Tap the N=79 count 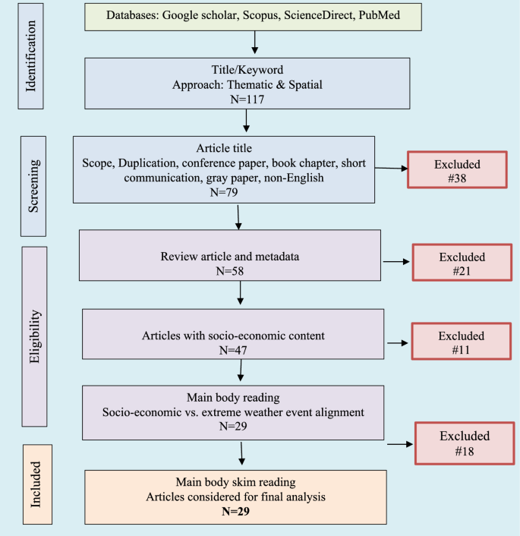224,191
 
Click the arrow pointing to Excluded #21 395,262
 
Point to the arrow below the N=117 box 247,122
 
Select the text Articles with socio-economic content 232,335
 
